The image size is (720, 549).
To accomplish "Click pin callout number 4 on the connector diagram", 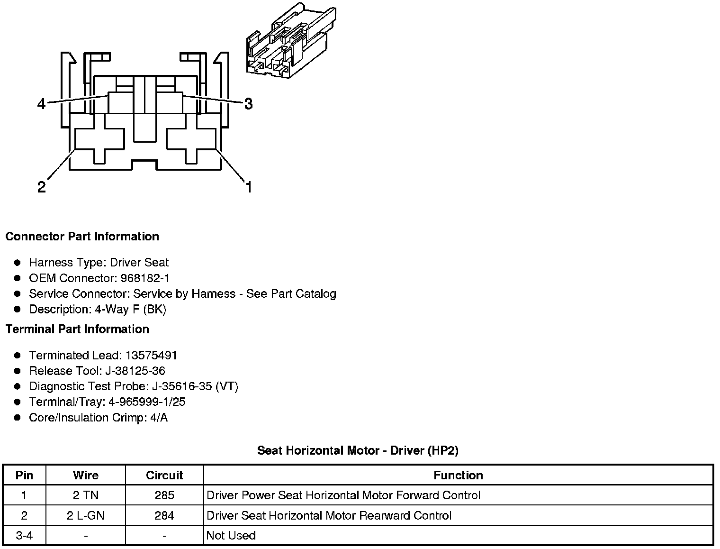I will click(x=42, y=104).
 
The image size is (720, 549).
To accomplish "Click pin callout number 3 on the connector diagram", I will click(x=248, y=104).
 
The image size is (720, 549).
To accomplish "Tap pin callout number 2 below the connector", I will click(x=42, y=187).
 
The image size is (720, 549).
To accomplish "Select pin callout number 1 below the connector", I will click(x=249, y=187).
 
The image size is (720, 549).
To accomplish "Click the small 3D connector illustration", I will click(x=291, y=40).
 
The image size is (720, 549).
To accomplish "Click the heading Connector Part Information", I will click(x=82, y=237).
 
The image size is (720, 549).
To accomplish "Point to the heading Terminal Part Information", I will click(x=77, y=329).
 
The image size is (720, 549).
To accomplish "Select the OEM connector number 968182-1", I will click(x=145, y=278).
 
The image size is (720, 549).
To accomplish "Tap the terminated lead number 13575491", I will click(x=151, y=355).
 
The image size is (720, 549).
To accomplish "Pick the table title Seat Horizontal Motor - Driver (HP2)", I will click(x=358, y=450).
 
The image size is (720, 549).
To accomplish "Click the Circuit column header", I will click(x=164, y=476).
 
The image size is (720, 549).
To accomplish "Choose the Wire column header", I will click(x=86, y=476).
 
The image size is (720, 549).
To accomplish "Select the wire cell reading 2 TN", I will click(x=86, y=495).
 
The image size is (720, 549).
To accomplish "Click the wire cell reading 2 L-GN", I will click(x=86, y=515).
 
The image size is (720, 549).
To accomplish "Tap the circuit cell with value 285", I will click(x=164, y=495).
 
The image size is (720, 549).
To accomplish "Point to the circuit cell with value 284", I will click(x=164, y=515).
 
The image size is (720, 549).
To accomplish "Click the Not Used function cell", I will click(x=231, y=536).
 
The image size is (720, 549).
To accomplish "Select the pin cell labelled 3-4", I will click(x=24, y=536).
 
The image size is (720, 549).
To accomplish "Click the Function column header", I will click(x=458, y=476).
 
